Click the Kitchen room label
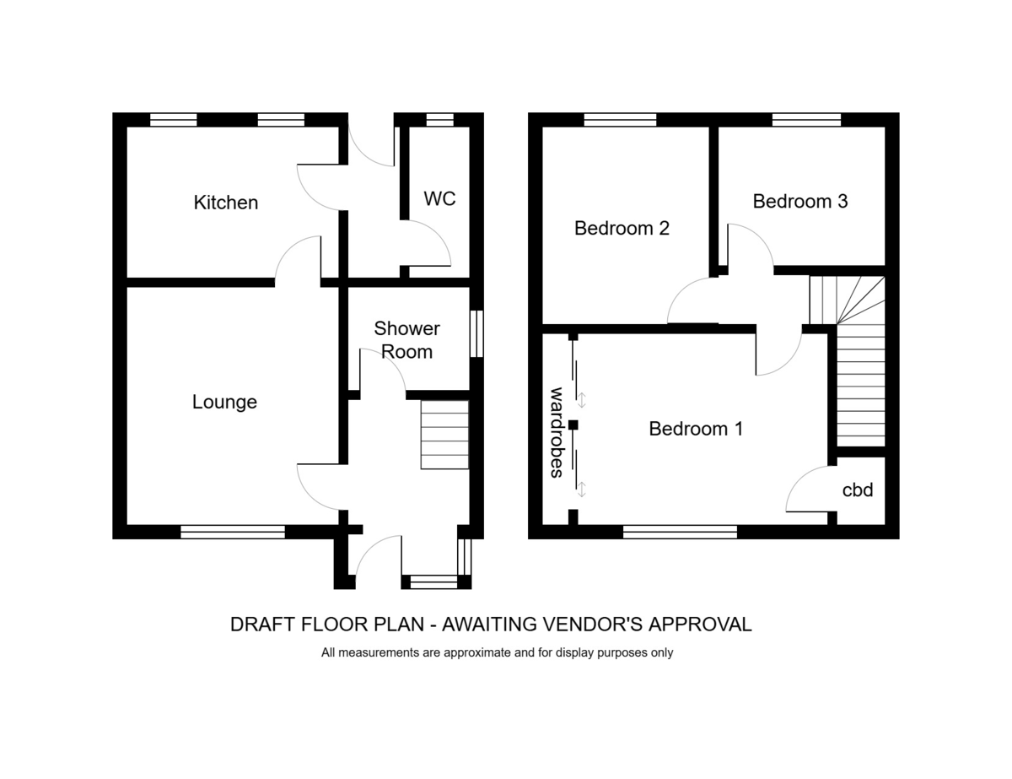(x=226, y=203)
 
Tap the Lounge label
(x=224, y=402)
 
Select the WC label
(x=439, y=199)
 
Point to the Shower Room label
(x=406, y=340)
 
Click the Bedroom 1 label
(x=696, y=429)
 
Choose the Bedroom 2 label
(x=622, y=228)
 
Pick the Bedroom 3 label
(x=800, y=201)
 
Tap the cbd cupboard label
(x=858, y=490)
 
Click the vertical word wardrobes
(x=557, y=432)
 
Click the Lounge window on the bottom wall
(x=233, y=532)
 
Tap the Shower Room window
(x=476, y=334)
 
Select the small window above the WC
(x=439, y=120)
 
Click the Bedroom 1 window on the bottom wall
(x=680, y=532)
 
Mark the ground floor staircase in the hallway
(x=444, y=435)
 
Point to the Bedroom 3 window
(x=806, y=120)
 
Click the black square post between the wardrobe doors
(x=573, y=425)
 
